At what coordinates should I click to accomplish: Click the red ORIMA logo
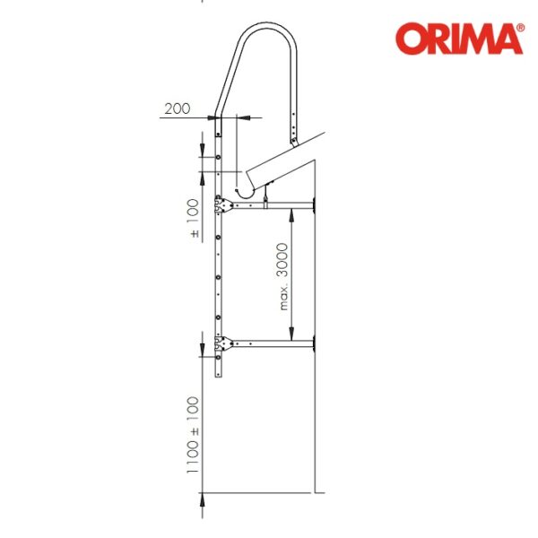point(459,39)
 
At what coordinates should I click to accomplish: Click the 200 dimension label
point(177,108)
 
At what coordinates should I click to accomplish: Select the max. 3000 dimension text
point(282,276)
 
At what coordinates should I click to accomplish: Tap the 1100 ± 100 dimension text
point(193,435)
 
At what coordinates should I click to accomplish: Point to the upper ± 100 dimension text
point(194,218)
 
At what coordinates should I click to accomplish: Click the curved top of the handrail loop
point(267,26)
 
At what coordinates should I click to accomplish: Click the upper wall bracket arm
point(273,205)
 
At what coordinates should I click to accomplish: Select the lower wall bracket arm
point(273,343)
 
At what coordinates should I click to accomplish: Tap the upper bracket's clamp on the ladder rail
point(223,205)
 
